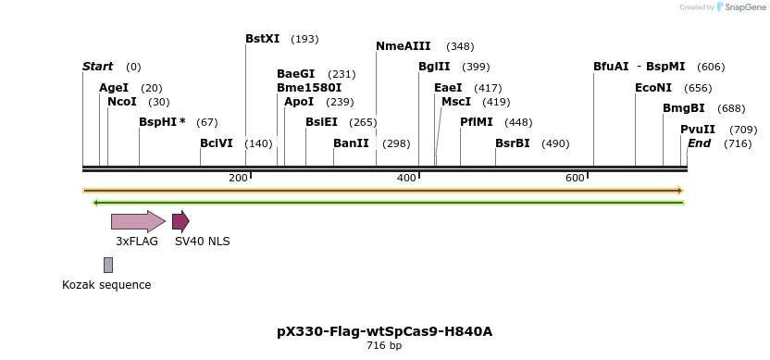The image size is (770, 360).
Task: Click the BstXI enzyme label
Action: [x=262, y=39]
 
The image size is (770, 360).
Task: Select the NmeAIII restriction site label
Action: [x=403, y=46]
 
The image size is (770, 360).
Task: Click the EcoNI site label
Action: [x=653, y=88]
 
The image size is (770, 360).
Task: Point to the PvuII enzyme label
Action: [x=698, y=130]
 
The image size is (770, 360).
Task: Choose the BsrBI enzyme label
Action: [x=513, y=143]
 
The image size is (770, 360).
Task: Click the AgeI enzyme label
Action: [x=114, y=88]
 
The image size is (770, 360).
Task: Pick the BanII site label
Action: [x=351, y=143]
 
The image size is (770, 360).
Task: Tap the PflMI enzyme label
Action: [x=477, y=122]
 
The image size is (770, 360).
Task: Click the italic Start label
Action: [x=97, y=67]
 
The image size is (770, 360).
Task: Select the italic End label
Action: [x=699, y=143]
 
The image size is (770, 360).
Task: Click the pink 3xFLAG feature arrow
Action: [x=138, y=221]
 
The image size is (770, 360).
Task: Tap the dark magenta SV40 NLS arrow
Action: [x=180, y=221]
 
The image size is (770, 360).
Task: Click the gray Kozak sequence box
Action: [x=108, y=265]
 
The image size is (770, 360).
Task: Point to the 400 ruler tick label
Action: [x=406, y=178]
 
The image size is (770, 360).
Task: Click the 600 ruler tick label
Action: [x=575, y=178]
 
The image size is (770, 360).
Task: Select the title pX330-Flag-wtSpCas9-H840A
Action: [x=384, y=331]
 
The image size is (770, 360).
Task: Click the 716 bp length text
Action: [x=384, y=346]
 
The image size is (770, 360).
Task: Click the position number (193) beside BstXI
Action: [x=304, y=39]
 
